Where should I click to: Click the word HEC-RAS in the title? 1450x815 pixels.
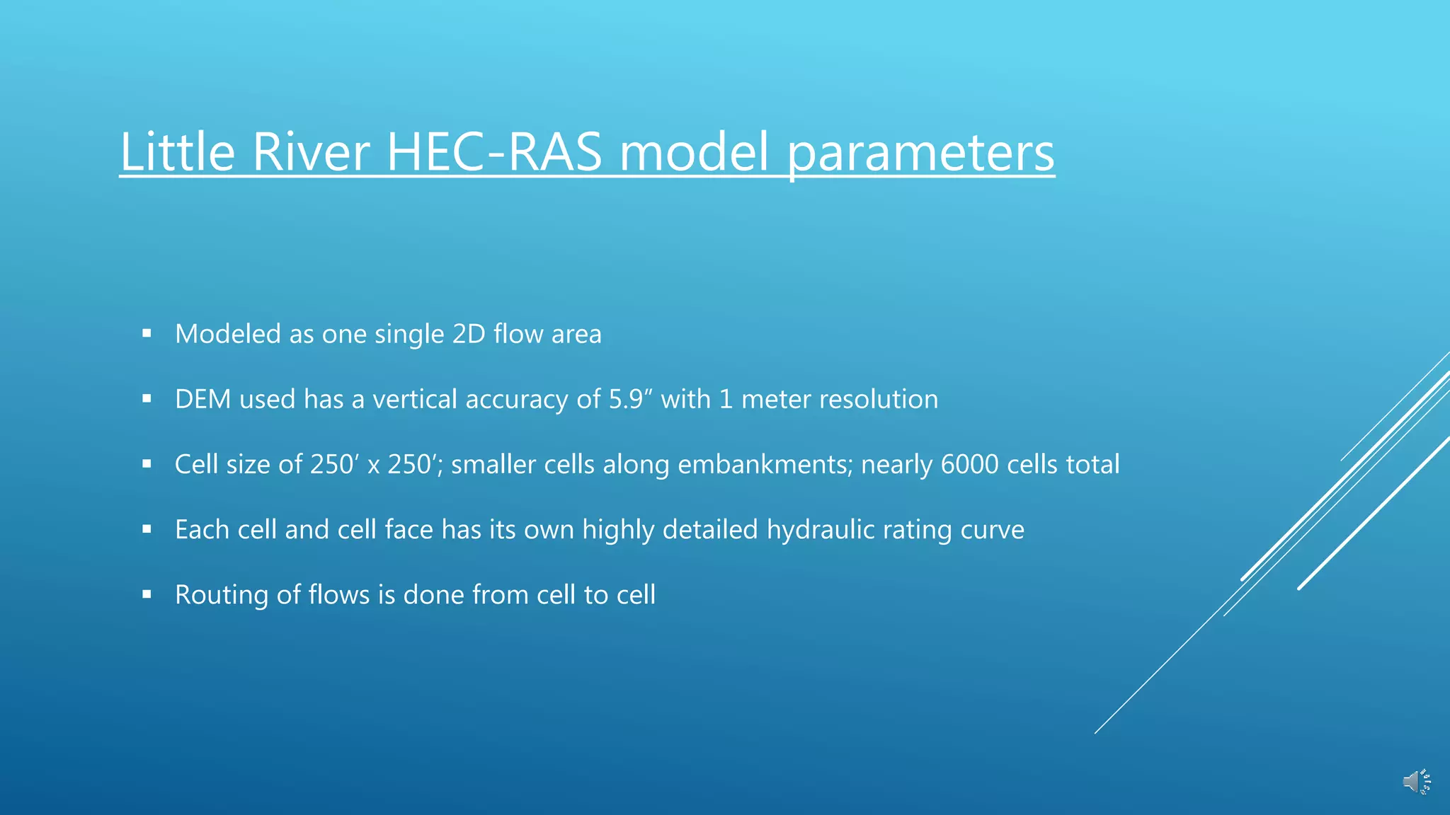493,151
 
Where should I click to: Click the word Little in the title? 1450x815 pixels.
177,151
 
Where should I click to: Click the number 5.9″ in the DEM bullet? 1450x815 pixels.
626,399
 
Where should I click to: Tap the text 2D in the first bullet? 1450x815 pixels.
468,334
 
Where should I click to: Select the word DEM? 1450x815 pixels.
202,399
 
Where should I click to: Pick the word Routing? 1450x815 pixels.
221,594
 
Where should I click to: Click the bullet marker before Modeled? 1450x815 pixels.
147,333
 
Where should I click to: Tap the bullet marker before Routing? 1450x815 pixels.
147,594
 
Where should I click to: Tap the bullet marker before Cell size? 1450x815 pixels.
147,464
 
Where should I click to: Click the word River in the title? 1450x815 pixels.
310,151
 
